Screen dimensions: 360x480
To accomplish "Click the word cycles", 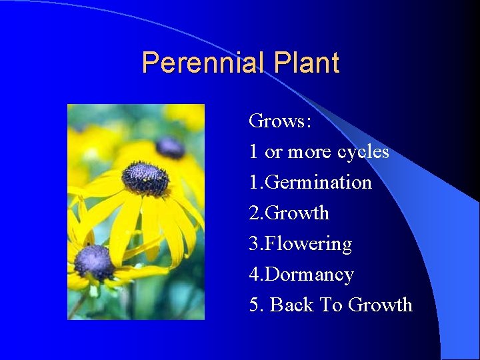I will coord(363,152).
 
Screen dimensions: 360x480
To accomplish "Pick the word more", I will coord(310,152).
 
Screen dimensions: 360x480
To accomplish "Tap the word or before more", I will coord(273,152).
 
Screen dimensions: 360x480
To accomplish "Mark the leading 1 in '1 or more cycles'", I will coord(253,152).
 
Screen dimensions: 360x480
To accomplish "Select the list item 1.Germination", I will coord(310,182).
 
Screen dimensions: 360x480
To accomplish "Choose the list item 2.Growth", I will coord(289,213).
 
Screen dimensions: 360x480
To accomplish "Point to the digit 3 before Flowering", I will coord(253,244).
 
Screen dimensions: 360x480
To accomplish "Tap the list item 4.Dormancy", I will coord(301,275).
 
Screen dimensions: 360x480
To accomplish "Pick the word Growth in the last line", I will coord(380,305).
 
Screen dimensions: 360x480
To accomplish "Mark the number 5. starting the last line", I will coord(256,305).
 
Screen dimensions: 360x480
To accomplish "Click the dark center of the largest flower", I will coord(145,177).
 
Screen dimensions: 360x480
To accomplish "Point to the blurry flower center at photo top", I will coord(169,147).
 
